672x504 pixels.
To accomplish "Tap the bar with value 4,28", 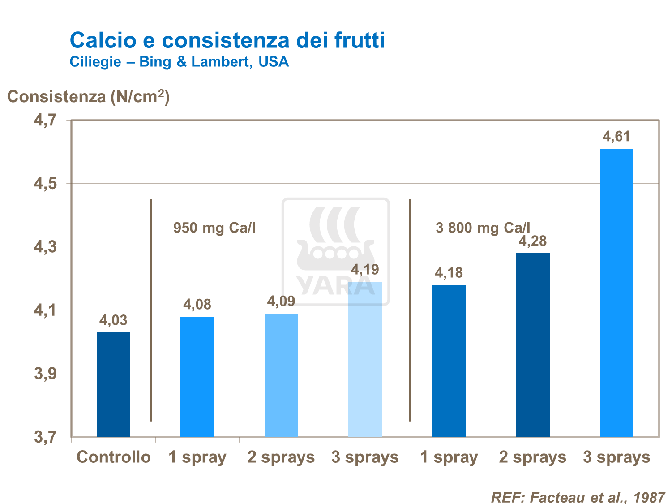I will point(533,345).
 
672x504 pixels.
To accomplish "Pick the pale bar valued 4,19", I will point(365,359).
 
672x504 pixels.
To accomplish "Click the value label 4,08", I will point(197,305).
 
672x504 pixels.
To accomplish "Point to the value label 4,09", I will point(281,302).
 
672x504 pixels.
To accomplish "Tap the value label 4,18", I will point(449,273).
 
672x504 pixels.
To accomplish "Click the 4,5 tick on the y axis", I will point(46,184).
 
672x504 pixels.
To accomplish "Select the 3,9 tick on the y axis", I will point(46,374).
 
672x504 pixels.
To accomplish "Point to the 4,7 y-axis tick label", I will point(46,121).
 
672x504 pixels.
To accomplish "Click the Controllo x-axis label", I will point(114,457).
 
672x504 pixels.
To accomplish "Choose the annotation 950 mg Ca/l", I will point(214,228).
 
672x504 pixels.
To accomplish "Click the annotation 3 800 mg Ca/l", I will point(483,228).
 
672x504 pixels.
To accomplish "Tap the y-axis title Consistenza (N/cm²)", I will point(88,96).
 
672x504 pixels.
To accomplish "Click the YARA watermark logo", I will point(335,251).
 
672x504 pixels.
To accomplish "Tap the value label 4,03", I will point(113,320).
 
